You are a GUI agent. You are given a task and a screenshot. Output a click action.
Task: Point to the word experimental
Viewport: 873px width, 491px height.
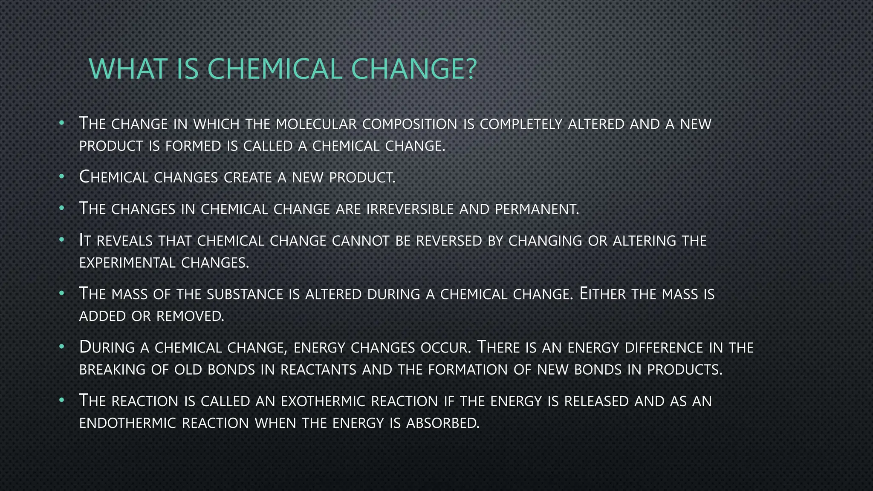127,263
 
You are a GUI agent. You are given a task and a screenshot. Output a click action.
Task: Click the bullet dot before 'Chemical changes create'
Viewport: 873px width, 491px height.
62,176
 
